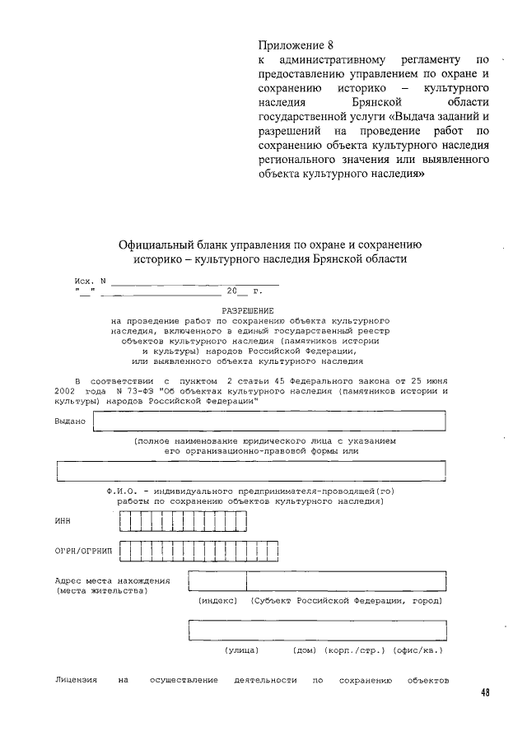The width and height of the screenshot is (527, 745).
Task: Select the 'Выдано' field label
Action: click(x=70, y=421)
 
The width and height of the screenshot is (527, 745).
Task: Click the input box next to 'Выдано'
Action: click(x=269, y=421)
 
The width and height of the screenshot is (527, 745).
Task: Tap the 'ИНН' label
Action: click(x=63, y=520)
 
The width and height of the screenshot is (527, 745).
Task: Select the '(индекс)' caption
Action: click(x=218, y=601)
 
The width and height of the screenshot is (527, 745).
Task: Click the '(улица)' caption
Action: click(x=242, y=650)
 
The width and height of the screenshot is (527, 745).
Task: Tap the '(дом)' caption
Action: click(x=305, y=650)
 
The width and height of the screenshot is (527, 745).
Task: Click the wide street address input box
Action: click(x=318, y=629)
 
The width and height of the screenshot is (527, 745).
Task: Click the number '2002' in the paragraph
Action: click(x=67, y=391)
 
